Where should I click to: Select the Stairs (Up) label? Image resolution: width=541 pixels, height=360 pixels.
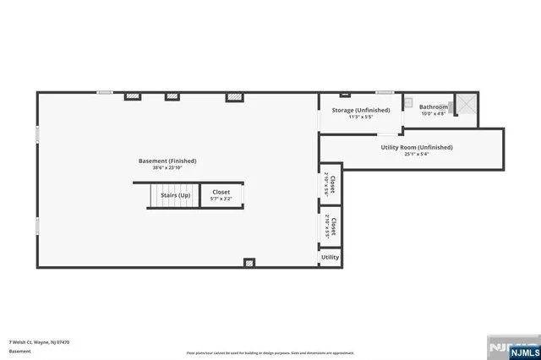coord(175,195)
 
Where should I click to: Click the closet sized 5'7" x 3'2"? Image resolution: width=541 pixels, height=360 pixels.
coord(221,195)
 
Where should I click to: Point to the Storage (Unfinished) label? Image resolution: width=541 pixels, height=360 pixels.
coord(360,110)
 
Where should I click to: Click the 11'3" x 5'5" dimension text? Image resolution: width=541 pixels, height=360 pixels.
coord(360,117)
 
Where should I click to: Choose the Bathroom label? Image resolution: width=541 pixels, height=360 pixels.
coord(434,107)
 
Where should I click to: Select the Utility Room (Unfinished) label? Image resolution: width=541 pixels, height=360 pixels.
coord(416,147)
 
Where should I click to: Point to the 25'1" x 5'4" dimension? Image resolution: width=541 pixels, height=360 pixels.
coord(416,154)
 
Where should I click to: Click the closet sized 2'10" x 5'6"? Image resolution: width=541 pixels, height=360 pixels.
coord(331,184)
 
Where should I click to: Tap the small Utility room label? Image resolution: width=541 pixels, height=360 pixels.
coord(330,257)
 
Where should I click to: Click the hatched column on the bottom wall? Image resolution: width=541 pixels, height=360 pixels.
coord(249,263)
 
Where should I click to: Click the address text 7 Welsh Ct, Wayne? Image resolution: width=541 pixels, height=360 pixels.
coord(39,342)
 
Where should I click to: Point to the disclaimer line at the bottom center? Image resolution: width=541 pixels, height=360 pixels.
coord(270,352)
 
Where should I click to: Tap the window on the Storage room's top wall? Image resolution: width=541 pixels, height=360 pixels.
coord(385,92)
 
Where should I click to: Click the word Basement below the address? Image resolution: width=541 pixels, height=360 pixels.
coord(19,351)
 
